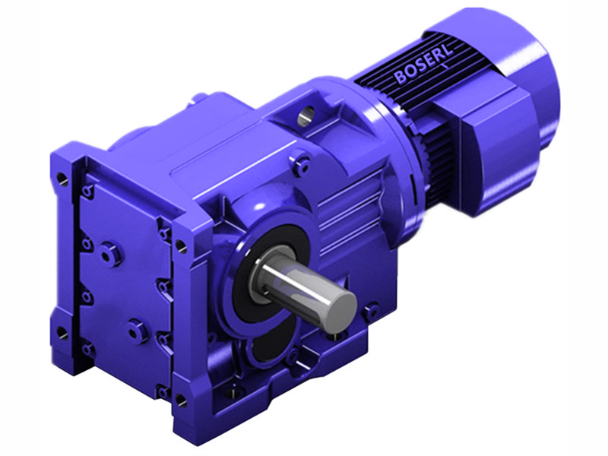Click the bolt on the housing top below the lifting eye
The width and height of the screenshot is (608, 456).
click(303, 161)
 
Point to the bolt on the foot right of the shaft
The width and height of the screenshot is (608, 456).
click(372, 311)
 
